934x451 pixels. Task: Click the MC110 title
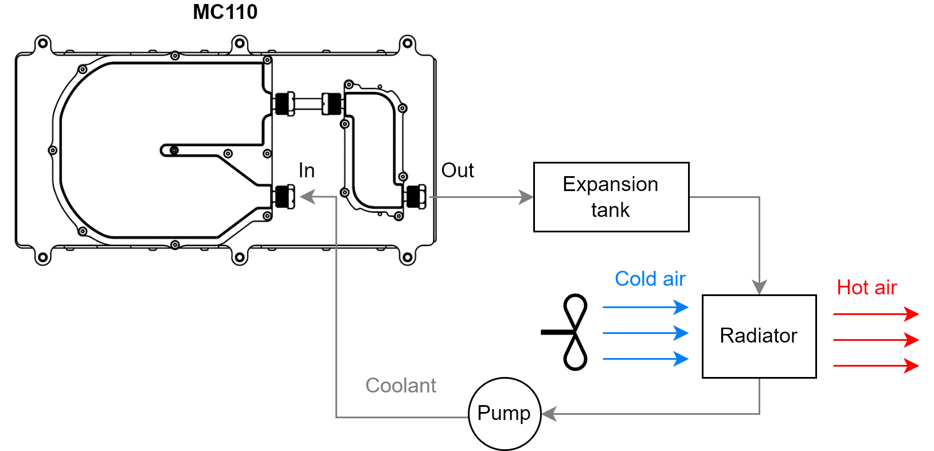coord(225,12)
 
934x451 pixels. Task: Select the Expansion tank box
coord(611,197)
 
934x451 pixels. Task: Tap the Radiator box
coord(759,336)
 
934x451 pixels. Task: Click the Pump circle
coord(505,413)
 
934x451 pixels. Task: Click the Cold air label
coord(650,279)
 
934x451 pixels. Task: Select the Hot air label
coord(866,287)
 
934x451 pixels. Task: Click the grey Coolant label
coord(401,386)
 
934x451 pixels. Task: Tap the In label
coord(306,170)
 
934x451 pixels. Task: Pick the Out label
coord(457,170)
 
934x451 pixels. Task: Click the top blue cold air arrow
coord(645,307)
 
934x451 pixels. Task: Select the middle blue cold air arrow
coord(645,333)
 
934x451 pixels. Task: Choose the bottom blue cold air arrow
coord(645,359)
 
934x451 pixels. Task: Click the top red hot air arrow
coord(876,314)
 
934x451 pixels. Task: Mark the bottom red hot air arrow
coord(876,366)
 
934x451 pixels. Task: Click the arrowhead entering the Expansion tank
coord(526,197)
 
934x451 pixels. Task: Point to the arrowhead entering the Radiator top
coord(759,287)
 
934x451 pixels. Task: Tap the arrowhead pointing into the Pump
coord(549,414)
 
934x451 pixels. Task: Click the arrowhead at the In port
coord(308,197)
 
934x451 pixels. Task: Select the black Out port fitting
coord(416,197)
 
